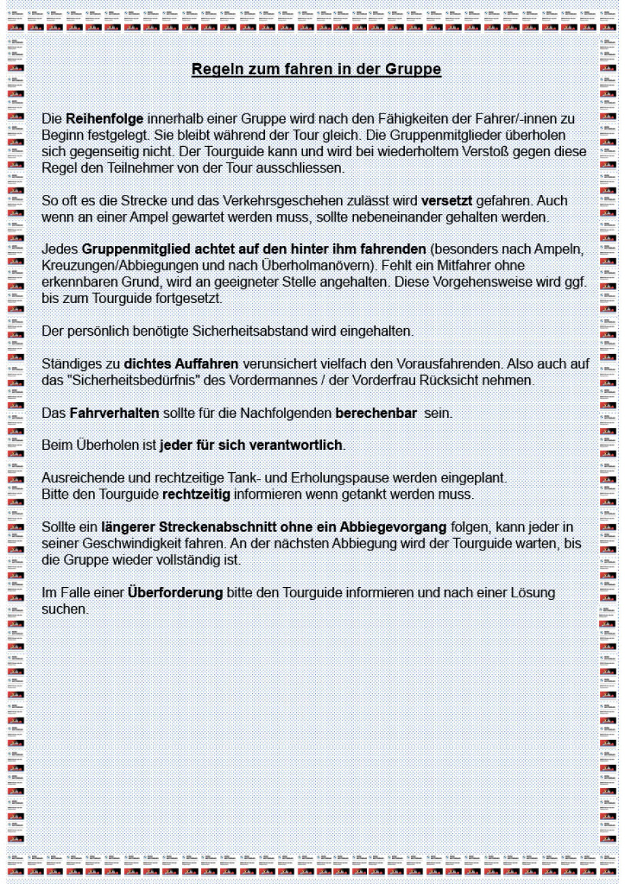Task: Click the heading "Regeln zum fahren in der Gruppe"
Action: point(317,70)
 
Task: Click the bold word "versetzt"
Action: point(446,202)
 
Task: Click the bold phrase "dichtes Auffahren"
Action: point(181,365)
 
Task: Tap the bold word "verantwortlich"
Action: point(299,446)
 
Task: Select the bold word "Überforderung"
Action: point(175,593)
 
